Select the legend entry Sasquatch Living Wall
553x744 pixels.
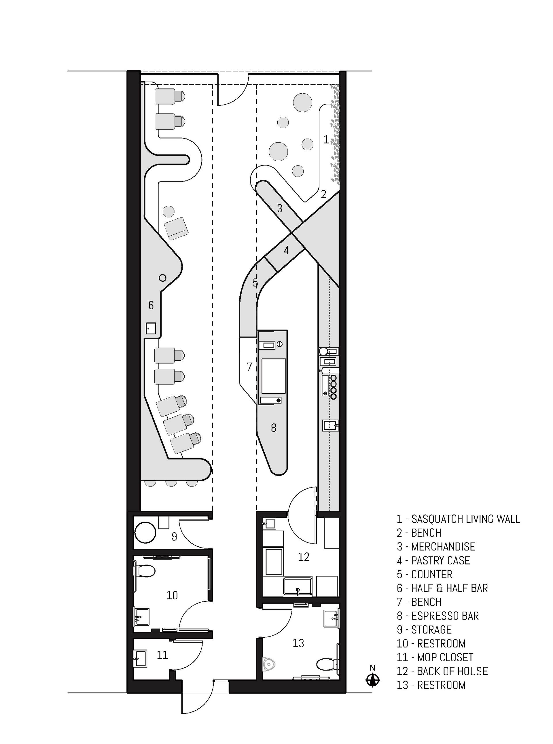pyautogui.click(x=458, y=519)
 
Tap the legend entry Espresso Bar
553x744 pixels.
pyautogui.click(x=438, y=616)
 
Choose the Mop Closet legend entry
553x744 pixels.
pyautogui.click(x=435, y=657)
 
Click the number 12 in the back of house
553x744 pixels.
pyautogui.click(x=304, y=557)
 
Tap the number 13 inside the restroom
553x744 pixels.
pyautogui.click(x=298, y=643)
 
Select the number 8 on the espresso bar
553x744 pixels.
pyautogui.click(x=274, y=428)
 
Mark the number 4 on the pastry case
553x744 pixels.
pyautogui.click(x=286, y=250)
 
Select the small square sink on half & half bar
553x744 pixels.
pyautogui.click(x=151, y=328)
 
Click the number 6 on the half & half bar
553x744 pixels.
pyautogui.click(x=151, y=305)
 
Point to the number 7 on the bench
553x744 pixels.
pyautogui.click(x=249, y=367)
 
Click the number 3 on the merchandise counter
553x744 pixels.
pyautogui.click(x=280, y=209)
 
